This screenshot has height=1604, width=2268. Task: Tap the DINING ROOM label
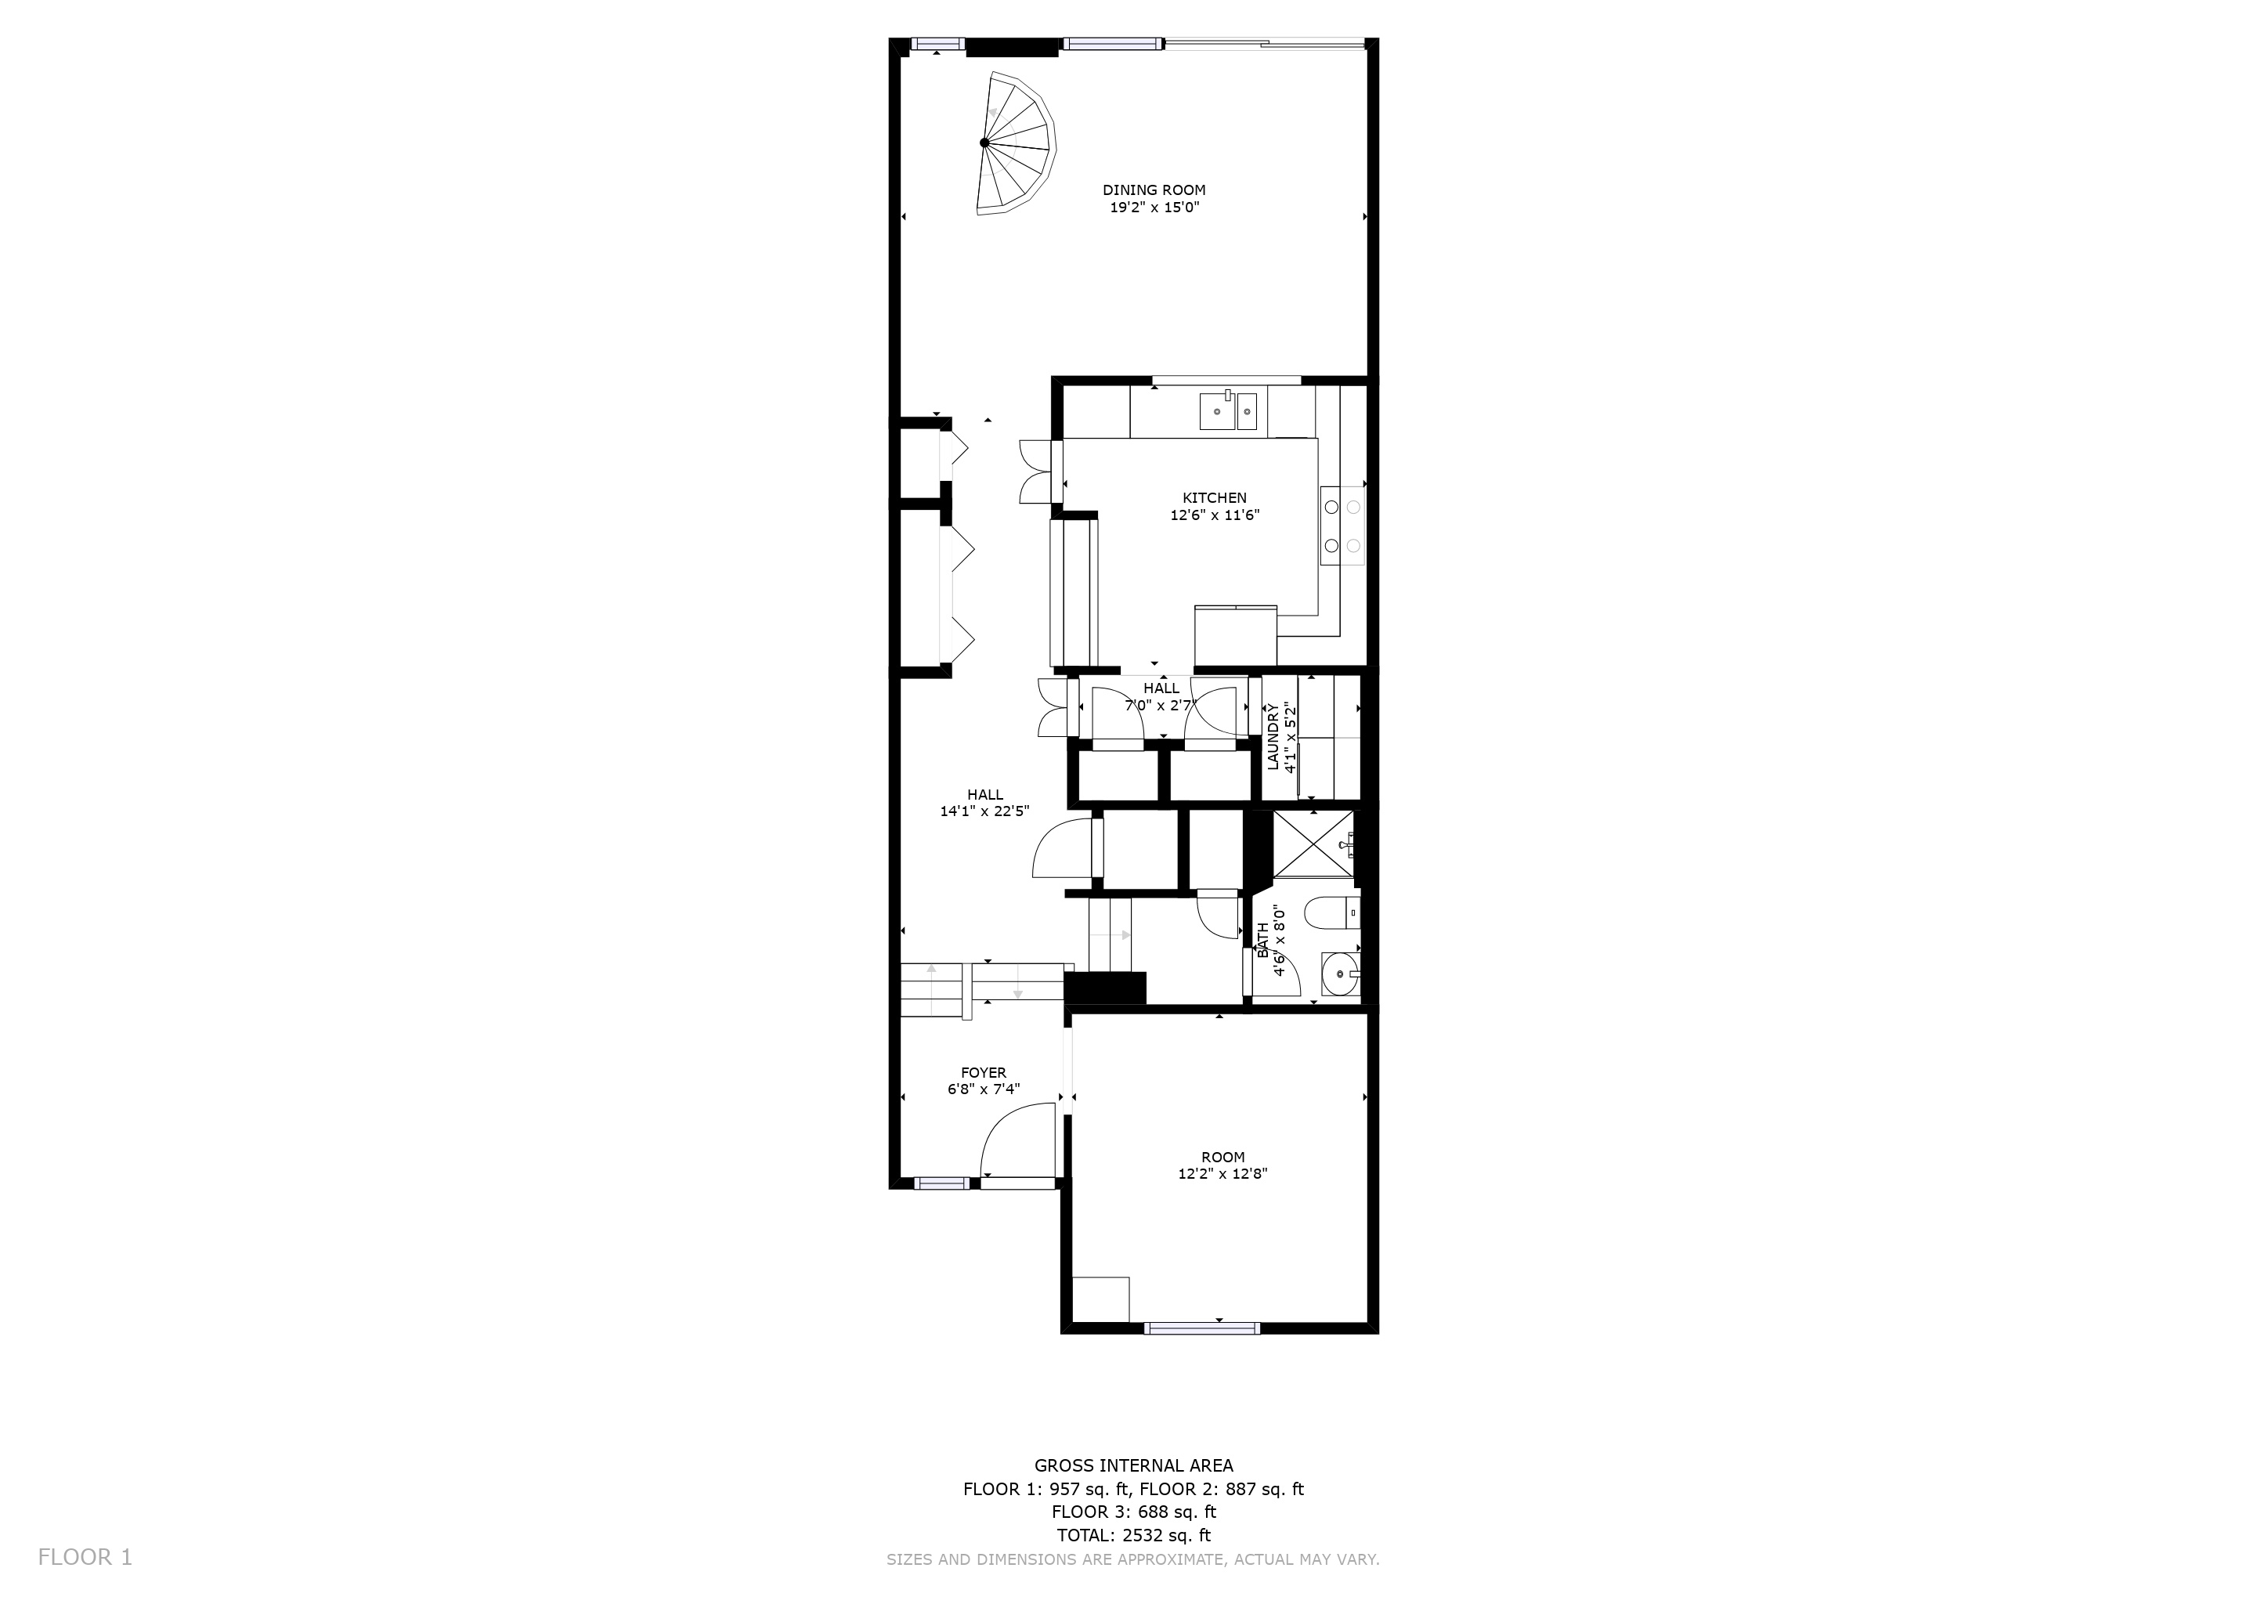[x=1154, y=190]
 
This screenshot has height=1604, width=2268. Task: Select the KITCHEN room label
[x=1214, y=498]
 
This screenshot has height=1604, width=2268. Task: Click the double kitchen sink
[x=1228, y=411]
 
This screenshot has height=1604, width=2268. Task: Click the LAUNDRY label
[x=1273, y=737]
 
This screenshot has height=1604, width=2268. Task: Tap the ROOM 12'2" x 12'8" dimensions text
[x=1223, y=1174]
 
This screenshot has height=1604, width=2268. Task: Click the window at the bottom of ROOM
[x=1202, y=1328]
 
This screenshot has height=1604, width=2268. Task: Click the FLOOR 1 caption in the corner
[x=85, y=1558]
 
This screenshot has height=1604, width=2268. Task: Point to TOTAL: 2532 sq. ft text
[x=1133, y=1535]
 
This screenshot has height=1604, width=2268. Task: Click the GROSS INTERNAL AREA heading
[x=1133, y=1465]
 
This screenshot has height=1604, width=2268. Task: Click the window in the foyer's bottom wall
[x=941, y=1183]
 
